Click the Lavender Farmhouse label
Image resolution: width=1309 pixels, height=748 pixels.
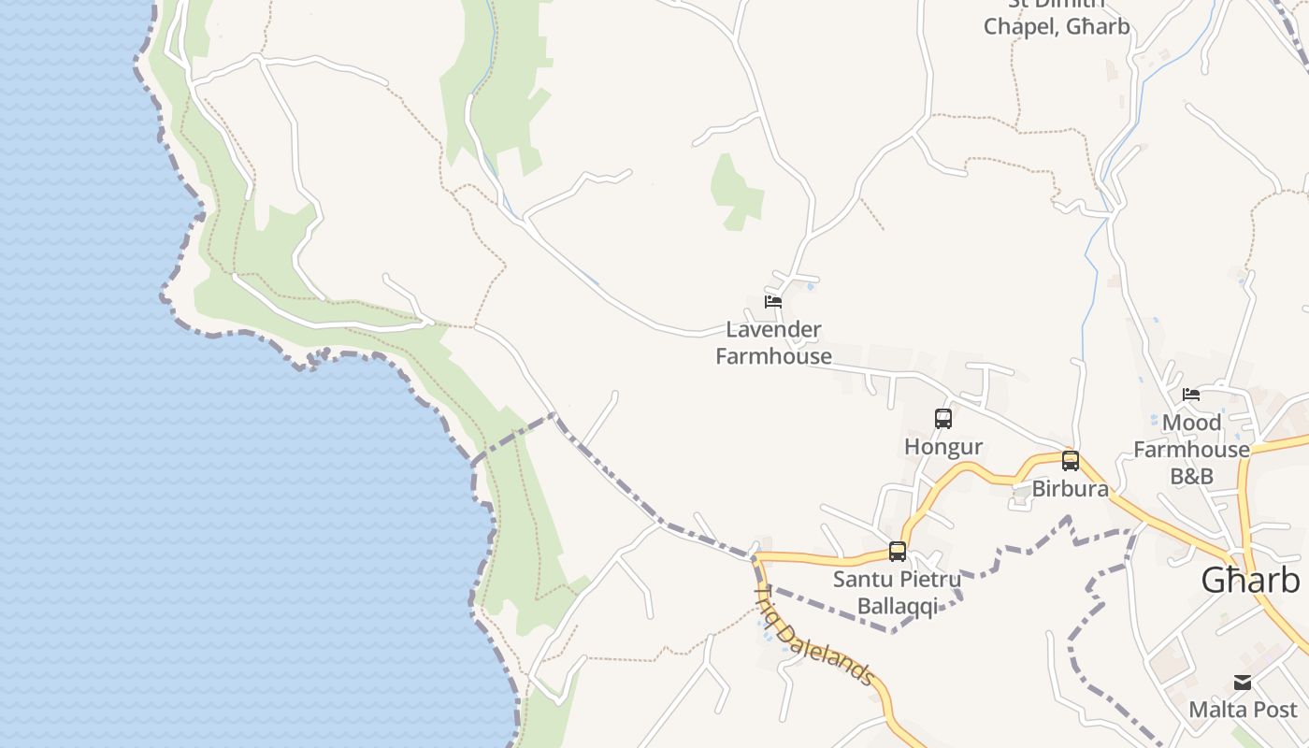pyautogui.click(x=773, y=342)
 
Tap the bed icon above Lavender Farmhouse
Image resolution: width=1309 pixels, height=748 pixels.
pyautogui.click(x=773, y=301)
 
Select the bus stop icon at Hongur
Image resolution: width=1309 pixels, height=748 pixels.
pyautogui.click(x=943, y=418)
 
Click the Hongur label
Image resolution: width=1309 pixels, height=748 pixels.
pyautogui.click(x=943, y=447)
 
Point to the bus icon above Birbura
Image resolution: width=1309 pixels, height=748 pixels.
pyautogui.click(x=1071, y=460)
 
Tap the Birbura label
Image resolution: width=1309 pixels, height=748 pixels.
pyautogui.click(x=1071, y=489)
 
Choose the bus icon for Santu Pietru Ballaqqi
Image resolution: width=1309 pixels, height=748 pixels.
pyautogui.click(x=898, y=551)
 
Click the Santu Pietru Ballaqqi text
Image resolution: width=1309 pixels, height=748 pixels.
pyautogui.click(x=897, y=593)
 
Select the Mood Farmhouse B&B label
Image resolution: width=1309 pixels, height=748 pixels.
pyautogui.click(x=1191, y=449)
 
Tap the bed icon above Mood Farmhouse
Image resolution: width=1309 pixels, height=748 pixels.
pyautogui.click(x=1191, y=394)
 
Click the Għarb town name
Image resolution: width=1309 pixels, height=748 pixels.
pyautogui.click(x=1250, y=581)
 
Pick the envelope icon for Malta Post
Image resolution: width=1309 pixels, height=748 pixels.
pyautogui.click(x=1243, y=683)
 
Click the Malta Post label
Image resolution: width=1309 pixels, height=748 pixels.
pyautogui.click(x=1243, y=710)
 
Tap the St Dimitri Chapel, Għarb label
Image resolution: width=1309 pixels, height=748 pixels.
pyautogui.click(x=1057, y=19)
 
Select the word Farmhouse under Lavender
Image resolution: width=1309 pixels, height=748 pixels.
pyautogui.click(x=773, y=356)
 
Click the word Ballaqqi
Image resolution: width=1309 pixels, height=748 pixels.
pyautogui.click(x=897, y=607)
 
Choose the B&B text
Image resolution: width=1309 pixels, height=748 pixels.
pyautogui.click(x=1191, y=476)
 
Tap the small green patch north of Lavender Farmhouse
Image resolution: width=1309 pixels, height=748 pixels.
pyautogui.click(x=736, y=192)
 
